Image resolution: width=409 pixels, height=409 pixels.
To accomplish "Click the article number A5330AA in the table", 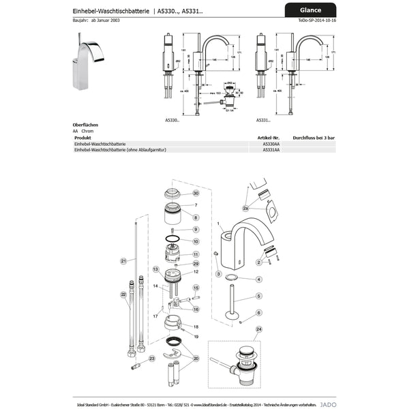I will (271, 144).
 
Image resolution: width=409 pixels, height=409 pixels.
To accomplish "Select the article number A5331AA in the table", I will (271, 149).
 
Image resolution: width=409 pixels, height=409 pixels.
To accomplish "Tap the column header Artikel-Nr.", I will (272, 138).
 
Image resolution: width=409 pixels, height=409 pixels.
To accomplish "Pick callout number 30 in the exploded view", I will (196, 194).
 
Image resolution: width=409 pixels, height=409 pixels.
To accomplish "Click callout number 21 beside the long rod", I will (123, 261).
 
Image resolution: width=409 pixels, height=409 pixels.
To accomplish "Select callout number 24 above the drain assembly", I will (258, 329).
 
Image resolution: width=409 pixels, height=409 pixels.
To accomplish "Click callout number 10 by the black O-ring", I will (195, 241).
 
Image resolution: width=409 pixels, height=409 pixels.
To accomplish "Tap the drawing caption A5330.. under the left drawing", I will (172, 120).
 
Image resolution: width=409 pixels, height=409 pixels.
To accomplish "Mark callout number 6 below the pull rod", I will (259, 312).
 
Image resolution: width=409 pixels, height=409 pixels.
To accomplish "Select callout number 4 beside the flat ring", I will (258, 279).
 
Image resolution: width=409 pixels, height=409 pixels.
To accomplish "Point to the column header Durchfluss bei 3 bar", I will (314, 138).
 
